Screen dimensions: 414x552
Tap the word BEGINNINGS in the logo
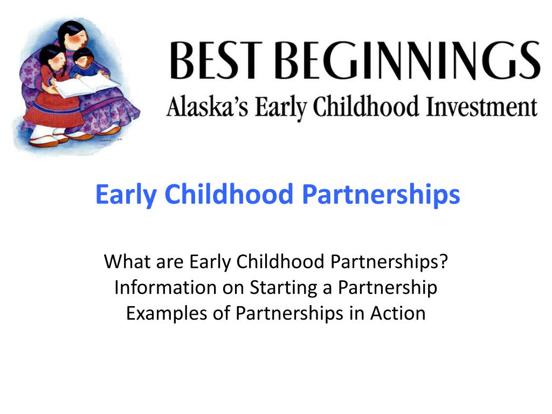click(x=411, y=61)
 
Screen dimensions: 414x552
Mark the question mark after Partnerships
click(x=444, y=262)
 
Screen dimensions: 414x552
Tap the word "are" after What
click(x=168, y=263)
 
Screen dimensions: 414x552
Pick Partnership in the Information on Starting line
click(x=388, y=288)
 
